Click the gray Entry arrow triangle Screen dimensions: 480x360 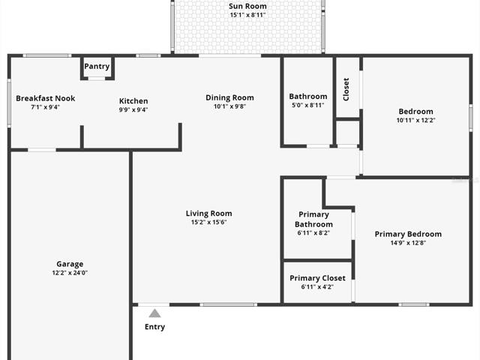pyautogui.click(x=155, y=313)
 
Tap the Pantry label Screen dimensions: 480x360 pyautogui.click(x=97, y=67)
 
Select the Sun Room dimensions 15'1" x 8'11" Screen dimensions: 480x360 pyautogui.click(x=247, y=15)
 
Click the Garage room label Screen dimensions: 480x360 pyautogui.click(x=70, y=264)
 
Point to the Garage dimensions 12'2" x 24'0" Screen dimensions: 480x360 pyautogui.click(x=70, y=273)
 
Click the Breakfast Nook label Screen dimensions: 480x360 pyautogui.click(x=46, y=98)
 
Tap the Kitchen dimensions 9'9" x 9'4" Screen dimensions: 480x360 pyautogui.click(x=133, y=110)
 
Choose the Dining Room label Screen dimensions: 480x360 pyautogui.click(x=230, y=97)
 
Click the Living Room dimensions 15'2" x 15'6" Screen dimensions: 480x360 pyautogui.click(x=208, y=222)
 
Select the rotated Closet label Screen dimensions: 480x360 pyautogui.click(x=346, y=89)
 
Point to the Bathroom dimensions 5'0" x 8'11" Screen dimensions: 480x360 pyautogui.click(x=308, y=105)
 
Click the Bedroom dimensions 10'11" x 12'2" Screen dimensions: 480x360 pyautogui.click(x=415, y=120)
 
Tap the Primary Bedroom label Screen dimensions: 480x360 pyautogui.click(x=408, y=234)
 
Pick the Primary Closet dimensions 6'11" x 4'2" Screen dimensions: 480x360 pyautogui.click(x=317, y=287)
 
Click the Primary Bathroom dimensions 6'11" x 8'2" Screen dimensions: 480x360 pyautogui.click(x=313, y=233)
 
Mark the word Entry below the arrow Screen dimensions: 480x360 pyautogui.click(x=155, y=327)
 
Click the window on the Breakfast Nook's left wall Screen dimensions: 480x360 pyautogui.click(x=9, y=103)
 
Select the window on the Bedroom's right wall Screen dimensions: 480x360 pyautogui.click(x=471, y=118)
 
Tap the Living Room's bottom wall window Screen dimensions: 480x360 pyautogui.click(x=228, y=304)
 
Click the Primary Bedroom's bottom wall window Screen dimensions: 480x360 pyautogui.click(x=414, y=304)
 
